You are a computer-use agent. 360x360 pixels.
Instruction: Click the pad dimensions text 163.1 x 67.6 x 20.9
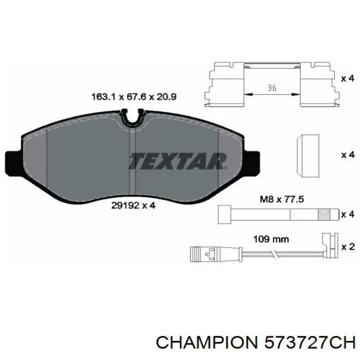(x=134, y=97)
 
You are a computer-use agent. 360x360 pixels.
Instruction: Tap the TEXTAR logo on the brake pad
(x=178, y=161)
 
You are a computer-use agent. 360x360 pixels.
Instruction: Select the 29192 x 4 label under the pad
(x=133, y=205)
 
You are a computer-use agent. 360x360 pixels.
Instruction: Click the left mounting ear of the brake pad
(x=13, y=163)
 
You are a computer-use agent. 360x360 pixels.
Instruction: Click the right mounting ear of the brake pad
(x=253, y=162)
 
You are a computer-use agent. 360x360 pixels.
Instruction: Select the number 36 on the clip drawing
(x=272, y=88)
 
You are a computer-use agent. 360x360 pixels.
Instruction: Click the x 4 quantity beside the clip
(x=348, y=79)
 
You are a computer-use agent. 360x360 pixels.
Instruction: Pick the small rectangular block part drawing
(x=308, y=156)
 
